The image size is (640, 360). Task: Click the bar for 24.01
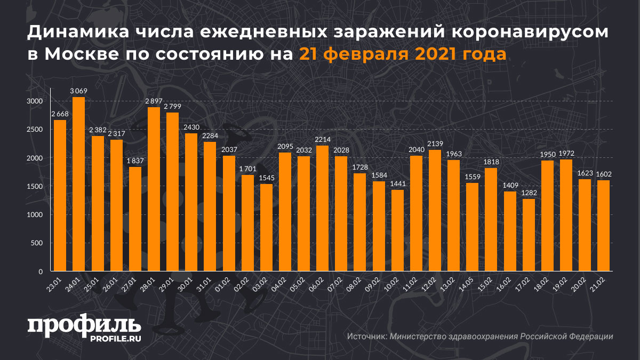pos(78,184)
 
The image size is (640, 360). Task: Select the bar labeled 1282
pos(529,235)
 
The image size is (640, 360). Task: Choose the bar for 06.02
pos(323,209)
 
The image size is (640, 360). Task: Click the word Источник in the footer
pos(366,337)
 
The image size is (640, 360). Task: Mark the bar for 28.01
pos(154,189)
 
